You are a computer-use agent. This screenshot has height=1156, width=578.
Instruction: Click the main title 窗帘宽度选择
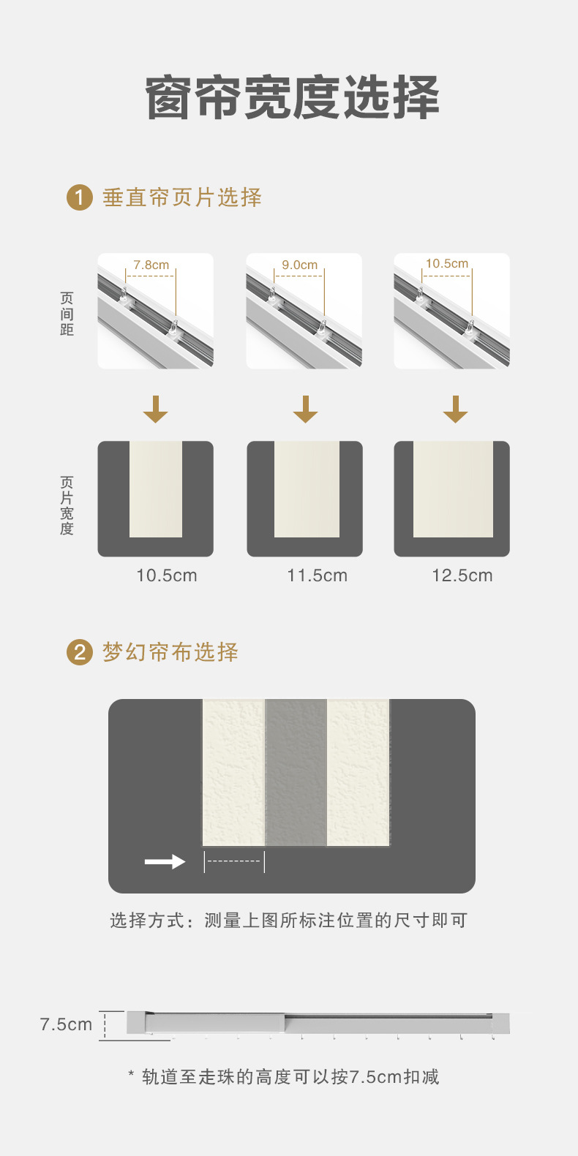pos(293,97)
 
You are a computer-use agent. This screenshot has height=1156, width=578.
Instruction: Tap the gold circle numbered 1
pos(80,197)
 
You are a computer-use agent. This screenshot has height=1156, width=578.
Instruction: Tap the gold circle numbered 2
pos(80,652)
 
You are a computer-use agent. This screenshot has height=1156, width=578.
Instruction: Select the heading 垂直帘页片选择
pos(182,197)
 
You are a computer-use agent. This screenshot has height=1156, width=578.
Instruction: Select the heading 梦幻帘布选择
pos(170,652)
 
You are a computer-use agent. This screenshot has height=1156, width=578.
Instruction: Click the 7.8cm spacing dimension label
pos(151,265)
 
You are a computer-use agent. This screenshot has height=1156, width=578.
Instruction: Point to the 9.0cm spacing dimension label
pos(300,265)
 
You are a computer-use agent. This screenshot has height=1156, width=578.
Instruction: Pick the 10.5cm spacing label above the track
pos(447,263)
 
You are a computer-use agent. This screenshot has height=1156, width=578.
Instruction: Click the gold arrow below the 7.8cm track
pos(155,409)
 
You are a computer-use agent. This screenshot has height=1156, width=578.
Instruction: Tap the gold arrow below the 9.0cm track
pos(305,409)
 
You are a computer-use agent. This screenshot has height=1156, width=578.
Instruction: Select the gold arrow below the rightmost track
pos(455,409)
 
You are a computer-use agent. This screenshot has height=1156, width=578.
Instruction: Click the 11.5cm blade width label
pos(317,575)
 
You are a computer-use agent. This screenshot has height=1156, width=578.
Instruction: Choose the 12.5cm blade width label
pos(462,575)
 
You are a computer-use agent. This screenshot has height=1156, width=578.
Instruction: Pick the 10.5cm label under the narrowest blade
pos(167,575)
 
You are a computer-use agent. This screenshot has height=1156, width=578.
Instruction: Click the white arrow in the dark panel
pos(165,862)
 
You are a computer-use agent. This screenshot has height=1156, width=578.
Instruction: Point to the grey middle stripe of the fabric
pos(296,772)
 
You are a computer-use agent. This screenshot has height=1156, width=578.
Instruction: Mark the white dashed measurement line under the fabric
pos(234,861)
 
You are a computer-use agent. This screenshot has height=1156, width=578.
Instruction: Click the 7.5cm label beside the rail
pos(66,1024)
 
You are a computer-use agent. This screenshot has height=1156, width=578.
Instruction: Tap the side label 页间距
pos(67,314)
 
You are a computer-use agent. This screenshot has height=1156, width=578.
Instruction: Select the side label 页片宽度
pos(67,505)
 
